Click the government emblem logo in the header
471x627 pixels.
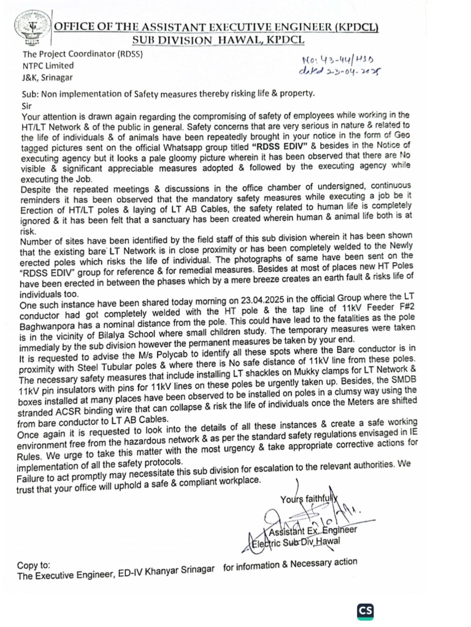click(x=27, y=29)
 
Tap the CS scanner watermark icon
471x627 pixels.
click(x=366, y=611)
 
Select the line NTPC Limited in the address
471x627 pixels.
click(x=48, y=66)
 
